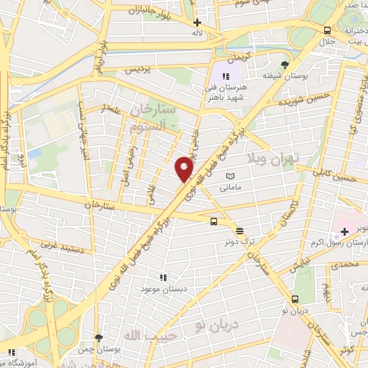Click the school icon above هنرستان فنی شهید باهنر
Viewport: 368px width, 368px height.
coord(225,76)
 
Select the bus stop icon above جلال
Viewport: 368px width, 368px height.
coord(328,30)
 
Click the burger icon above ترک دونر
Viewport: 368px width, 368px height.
coord(239,231)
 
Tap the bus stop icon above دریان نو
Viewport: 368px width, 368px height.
coord(295,299)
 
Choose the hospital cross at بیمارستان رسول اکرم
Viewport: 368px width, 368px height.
coord(344,231)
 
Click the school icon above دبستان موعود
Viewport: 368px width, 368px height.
coord(162,277)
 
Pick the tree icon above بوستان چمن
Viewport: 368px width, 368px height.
coord(98,337)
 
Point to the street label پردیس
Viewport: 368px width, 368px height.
coord(138,70)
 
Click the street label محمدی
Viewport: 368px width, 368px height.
coord(348,265)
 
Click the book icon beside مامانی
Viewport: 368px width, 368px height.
coord(230,176)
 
